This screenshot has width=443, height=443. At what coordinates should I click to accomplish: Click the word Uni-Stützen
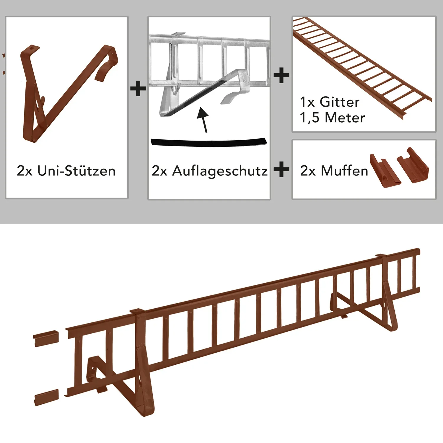76,171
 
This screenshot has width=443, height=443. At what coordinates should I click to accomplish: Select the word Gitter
339,102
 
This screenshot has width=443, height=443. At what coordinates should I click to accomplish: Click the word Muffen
344,171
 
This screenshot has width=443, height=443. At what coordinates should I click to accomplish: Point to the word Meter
345,118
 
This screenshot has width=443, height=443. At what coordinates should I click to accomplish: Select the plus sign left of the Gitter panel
281,76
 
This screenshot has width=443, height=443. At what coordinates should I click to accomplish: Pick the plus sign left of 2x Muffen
281,170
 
